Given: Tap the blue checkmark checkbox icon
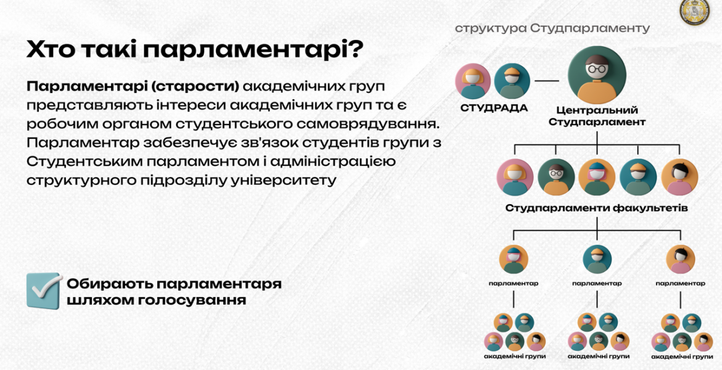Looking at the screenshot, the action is coord(44,290).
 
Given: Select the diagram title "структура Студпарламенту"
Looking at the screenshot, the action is coord(552,28).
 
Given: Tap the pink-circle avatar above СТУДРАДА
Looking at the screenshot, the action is coord(473,81).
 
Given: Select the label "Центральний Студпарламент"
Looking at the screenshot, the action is coord(597,116).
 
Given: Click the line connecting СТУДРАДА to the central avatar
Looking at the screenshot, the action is coord(547,81).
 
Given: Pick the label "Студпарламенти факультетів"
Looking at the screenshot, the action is coord(597,208).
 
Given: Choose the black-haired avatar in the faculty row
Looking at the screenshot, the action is coord(679,177).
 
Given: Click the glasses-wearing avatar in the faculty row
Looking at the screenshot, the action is coord(556,177).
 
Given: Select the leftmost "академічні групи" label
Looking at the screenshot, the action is coord(515,356).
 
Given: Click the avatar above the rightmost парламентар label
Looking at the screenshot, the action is coord(681,260).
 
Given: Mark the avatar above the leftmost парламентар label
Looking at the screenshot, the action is coord(513,260).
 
